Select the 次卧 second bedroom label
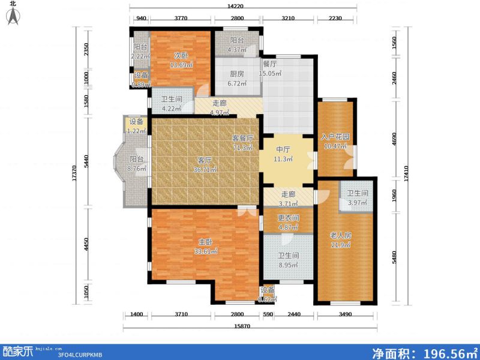pos(173,56)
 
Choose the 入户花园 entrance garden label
pos(335,136)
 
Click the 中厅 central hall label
pos(283,151)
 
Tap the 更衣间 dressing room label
pos(287,218)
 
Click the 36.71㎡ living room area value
pos(205,170)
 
